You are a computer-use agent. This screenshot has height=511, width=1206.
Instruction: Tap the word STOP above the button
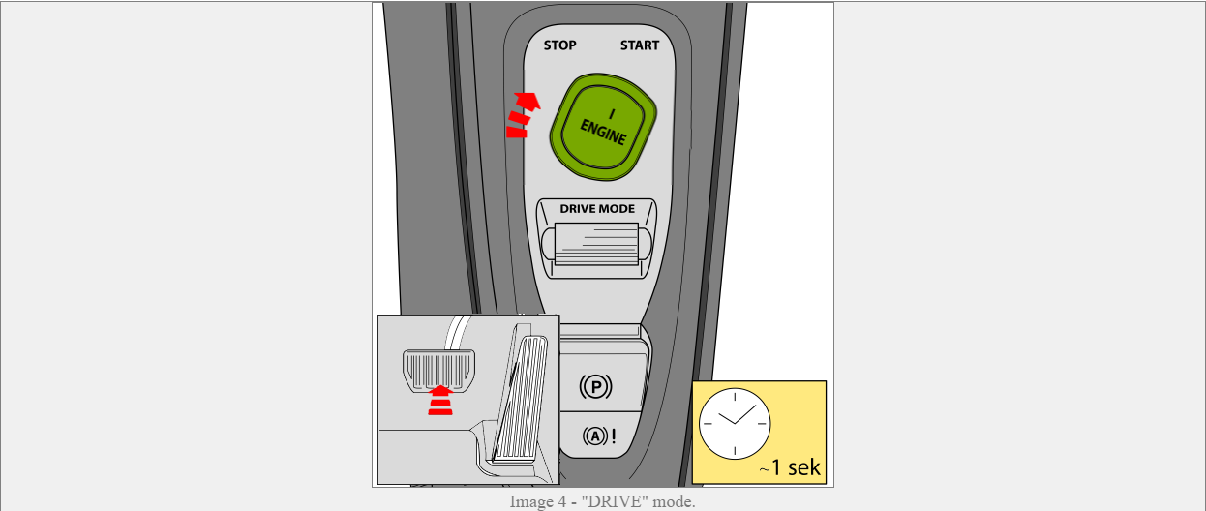559,45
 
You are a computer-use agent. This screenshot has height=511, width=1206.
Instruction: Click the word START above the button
640,45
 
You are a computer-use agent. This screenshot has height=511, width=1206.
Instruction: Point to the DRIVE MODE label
597,209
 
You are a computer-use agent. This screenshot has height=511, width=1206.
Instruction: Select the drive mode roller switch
596,242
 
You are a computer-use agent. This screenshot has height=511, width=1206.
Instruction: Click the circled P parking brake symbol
595,386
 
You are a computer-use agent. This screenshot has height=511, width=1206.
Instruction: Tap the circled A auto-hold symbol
594,436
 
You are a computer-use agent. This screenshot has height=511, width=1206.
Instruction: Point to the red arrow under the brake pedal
440,400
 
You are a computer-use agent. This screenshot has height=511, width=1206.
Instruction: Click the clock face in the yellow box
734,424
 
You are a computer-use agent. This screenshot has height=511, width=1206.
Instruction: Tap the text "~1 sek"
790,468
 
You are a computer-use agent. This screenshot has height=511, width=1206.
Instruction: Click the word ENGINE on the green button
603,133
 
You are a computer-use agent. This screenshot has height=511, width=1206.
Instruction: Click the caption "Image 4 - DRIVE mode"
602,501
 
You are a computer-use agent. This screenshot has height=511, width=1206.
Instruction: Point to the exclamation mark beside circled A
613,436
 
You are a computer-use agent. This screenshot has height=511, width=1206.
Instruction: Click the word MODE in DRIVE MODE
618,209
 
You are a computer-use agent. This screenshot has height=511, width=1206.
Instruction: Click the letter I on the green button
612,113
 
